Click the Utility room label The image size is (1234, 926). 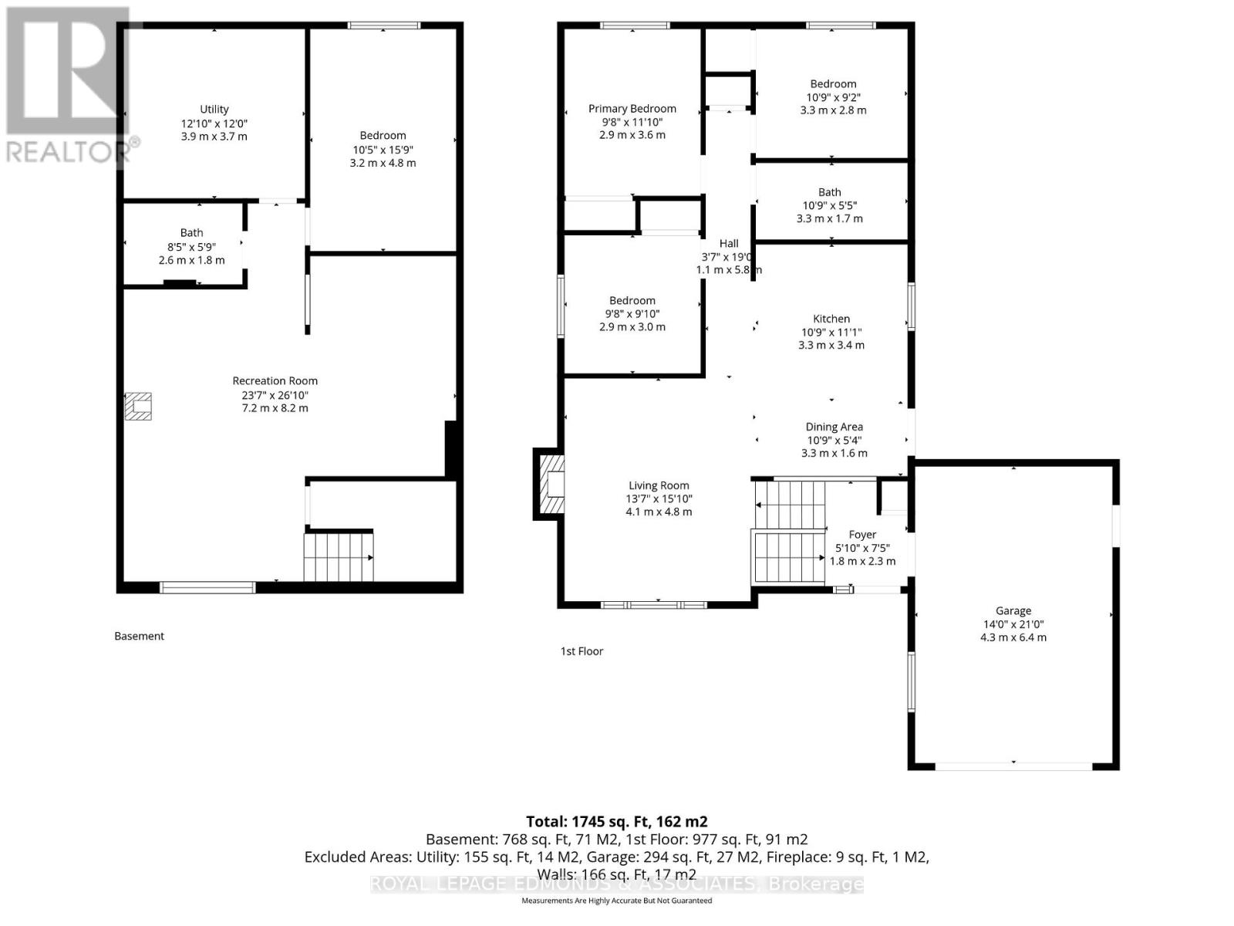click(x=214, y=110)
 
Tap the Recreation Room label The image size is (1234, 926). click(x=275, y=381)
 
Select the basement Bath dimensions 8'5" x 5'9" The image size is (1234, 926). click(x=191, y=247)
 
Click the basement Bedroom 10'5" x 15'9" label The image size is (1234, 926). click(x=383, y=136)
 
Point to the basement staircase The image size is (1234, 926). click(x=339, y=556)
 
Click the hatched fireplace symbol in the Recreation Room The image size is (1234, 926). click(x=139, y=406)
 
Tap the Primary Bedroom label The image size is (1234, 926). click(x=632, y=109)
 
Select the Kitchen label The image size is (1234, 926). click(x=831, y=319)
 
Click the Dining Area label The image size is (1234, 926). click(x=834, y=427)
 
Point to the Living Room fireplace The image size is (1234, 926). click(x=550, y=484)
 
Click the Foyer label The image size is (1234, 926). click(x=862, y=535)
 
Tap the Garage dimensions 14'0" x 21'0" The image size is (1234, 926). click(x=1013, y=624)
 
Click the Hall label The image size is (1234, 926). click(x=729, y=244)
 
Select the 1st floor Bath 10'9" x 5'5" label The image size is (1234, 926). click(x=830, y=192)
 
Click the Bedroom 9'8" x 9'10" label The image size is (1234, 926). click(x=632, y=301)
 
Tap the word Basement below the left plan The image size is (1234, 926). click(x=140, y=637)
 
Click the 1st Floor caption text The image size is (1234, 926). click(x=582, y=651)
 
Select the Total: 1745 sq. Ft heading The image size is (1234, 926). click(x=616, y=822)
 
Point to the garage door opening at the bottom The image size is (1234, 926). click(x=1013, y=766)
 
